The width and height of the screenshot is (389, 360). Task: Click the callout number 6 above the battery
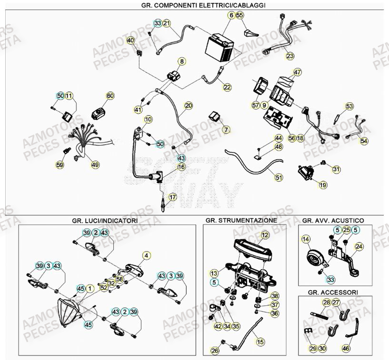click(x=231, y=15)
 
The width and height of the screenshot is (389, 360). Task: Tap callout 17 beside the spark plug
click(x=172, y=197)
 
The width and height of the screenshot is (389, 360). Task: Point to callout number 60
click(x=110, y=96)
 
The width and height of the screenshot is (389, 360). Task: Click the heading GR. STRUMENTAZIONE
click(x=241, y=221)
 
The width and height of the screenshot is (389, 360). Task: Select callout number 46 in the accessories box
click(x=346, y=349)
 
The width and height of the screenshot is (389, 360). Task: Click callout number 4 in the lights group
click(x=147, y=255)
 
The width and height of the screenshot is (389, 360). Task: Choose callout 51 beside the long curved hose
click(x=279, y=177)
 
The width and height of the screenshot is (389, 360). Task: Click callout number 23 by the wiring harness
click(x=290, y=56)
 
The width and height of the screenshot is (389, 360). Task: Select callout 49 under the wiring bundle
click(x=95, y=165)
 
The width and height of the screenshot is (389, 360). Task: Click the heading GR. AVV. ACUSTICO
click(x=333, y=221)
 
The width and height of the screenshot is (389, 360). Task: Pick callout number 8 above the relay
click(x=182, y=61)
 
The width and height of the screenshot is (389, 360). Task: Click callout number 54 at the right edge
click(x=364, y=141)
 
